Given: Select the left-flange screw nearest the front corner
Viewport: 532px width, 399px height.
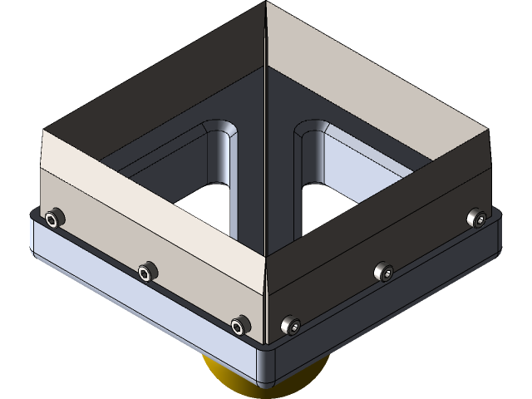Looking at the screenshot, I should point(241,323).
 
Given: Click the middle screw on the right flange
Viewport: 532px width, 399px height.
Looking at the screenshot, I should point(382,271).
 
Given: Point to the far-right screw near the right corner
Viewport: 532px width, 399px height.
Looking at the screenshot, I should point(475,218).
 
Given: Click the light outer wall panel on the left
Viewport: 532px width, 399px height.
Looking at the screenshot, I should point(150,216).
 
